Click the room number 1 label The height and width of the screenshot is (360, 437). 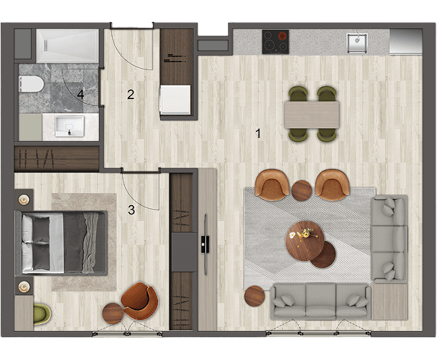(259, 133)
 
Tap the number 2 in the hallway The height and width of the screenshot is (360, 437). (130, 95)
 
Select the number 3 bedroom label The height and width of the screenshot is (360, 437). (131, 210)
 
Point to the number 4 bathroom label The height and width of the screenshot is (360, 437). (81, 95)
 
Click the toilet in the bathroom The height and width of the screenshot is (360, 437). (31, 84)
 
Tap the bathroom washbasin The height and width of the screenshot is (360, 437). (69, 127)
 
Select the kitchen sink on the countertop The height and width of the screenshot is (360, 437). (357, 43)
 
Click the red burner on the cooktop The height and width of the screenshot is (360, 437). (283, 36)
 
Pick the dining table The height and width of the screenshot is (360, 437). (312, 115)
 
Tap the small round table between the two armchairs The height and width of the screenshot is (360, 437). (301, 191)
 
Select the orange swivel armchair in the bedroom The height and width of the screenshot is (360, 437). (140, 301)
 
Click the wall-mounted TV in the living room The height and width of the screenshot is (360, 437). (205, 245)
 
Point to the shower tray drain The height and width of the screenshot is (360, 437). (47, 45)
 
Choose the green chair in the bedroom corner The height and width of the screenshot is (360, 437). (42, 314)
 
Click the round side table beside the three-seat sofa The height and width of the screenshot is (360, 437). (255, 296)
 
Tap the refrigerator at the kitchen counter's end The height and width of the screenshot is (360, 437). (406, 41)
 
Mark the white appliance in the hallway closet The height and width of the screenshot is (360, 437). (175, 99)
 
